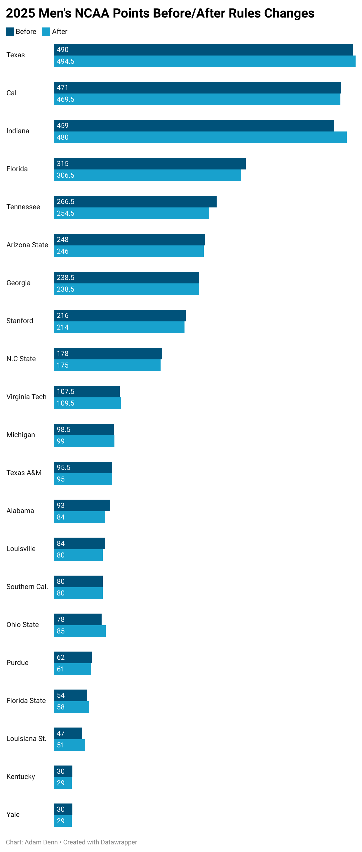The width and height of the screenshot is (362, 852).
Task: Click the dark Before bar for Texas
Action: click(203, 50)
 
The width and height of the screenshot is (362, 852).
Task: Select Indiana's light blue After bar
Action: click(200, 137)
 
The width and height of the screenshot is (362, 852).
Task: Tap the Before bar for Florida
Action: click(149, 164)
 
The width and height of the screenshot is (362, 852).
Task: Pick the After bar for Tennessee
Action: click(131, 213)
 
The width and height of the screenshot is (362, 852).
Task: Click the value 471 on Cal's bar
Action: click(62, 88)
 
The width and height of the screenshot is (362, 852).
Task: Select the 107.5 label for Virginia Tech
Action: click(65, 392)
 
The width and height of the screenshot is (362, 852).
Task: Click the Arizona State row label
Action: click(27, 245)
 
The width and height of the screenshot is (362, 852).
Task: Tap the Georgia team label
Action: click(18, 283)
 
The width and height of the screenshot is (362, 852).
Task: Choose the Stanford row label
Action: click(20, 321)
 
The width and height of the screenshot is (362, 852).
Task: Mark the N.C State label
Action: click(21, 359)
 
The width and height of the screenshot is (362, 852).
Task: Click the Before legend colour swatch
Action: click(10, 32)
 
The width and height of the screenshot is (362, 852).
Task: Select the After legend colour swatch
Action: click(46, 32)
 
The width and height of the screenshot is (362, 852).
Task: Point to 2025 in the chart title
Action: click(20, 13)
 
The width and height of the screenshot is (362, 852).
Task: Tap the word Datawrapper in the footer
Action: click(119, 842)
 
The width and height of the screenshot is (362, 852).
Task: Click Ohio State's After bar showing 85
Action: click(80, 631)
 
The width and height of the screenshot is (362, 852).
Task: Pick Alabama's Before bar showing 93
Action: click(82, 506)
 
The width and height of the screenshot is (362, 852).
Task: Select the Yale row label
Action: click(13, 815)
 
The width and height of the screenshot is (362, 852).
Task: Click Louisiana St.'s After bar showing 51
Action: click(69, 745)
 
